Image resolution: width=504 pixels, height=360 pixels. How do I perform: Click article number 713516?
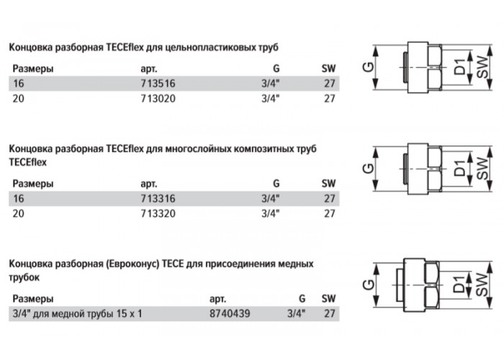pos(158,84)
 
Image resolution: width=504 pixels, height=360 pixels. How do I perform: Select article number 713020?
pos(158,99)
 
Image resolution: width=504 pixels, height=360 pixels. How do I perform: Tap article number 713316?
pos(158,199)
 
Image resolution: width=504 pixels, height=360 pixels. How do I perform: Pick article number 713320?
pos(158,213)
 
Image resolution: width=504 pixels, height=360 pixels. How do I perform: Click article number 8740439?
pos(230,313)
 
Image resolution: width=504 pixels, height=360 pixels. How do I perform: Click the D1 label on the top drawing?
pos(459,67)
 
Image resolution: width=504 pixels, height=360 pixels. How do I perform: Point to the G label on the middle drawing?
pos(369,168)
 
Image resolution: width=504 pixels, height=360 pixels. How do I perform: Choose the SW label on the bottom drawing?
pos(481,284)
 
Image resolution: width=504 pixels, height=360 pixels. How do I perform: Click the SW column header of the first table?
pos(328,68)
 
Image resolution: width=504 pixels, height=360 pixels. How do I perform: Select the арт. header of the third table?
pos(217,299)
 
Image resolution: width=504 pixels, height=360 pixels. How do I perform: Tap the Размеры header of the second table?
pos(33,184)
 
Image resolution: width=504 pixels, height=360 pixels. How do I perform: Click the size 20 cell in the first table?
pos(18,99)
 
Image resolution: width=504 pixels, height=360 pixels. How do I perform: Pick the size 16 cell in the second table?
pos(18,199)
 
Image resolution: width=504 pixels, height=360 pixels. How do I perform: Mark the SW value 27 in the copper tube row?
pos(330,313)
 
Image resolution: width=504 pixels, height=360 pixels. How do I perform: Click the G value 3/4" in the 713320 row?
pos(270,213)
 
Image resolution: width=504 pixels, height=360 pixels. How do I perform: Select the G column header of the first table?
pos(276,68)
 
